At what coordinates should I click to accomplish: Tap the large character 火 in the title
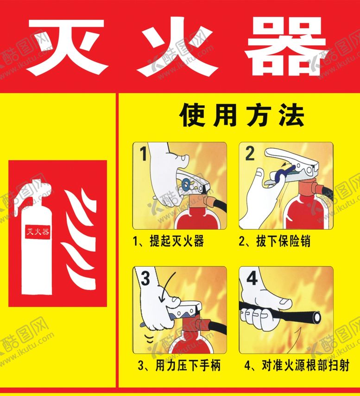178,46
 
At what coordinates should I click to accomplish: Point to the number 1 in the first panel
144,153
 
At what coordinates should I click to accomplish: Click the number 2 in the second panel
250,153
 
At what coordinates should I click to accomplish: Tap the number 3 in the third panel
145,278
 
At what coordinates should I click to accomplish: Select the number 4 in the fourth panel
252,278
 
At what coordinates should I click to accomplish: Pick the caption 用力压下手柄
179,365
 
